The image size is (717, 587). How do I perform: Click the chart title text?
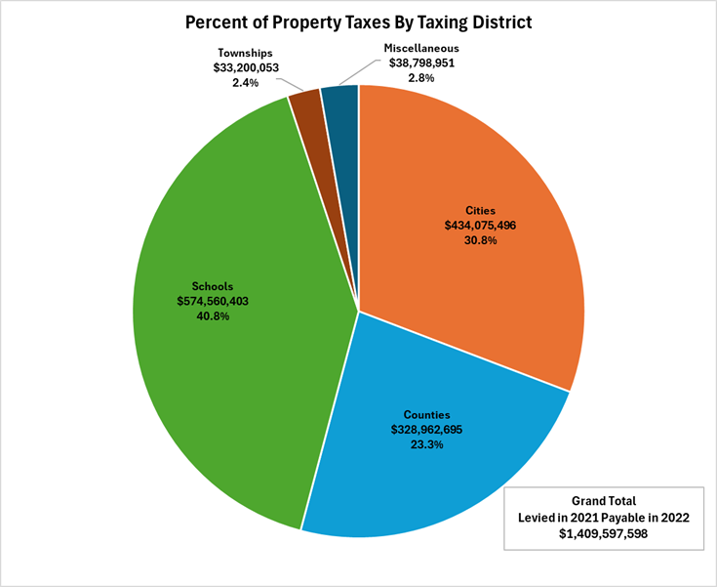click(358, 22)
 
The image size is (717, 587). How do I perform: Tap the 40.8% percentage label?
click(212, 316)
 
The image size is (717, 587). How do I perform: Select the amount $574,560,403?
click(212, 302)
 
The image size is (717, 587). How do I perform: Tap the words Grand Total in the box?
click(604, 499)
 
